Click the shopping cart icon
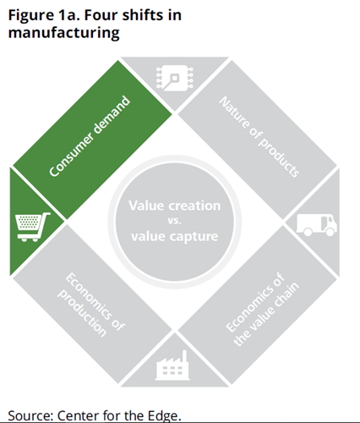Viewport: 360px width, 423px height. pos(33,227)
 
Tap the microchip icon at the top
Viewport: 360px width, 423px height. pos(175,78)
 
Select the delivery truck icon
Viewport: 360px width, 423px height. pos(317,225)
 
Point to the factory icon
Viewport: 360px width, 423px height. pos(172,365)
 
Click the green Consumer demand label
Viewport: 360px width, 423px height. pos(90,136)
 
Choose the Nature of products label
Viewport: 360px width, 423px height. pos(259,137)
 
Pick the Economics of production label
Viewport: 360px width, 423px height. pos(91,305)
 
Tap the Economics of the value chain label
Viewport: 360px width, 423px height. pos(262,310)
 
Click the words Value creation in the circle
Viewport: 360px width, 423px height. pos(175,206)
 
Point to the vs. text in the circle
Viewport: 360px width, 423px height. pos(175,221)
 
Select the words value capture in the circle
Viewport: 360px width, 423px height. pos(175,236)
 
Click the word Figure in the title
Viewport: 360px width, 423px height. pos(31,16)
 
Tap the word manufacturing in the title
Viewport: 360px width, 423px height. pos(64,33)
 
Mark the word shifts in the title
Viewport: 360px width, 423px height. pos(143,14)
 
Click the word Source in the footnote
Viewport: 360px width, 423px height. pos(30,415)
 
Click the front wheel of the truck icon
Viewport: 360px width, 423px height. pos(330,232)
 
